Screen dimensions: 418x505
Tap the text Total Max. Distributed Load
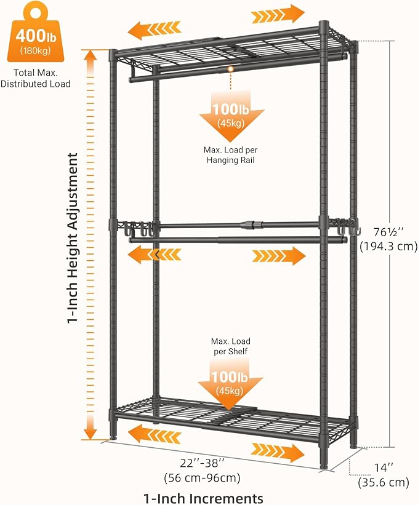tap(36, 78)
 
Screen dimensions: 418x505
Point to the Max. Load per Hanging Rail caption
tap(231, 155)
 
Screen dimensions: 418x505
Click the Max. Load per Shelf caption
tap(230, 346)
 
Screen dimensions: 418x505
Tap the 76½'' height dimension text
tap(388, 232)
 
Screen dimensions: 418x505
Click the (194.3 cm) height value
tap(388, 247)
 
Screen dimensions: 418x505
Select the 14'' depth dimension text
tap(384, 467)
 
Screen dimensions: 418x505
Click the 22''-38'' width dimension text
tap(202, 463)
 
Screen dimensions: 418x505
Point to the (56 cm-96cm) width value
tap(202, 477)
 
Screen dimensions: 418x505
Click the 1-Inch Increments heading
tap(203, 498)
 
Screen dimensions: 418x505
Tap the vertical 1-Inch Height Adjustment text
tap(73, 238)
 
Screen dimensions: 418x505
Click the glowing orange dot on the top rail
tap(230, 69)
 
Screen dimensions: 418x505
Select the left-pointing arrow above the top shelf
tap(154, 30)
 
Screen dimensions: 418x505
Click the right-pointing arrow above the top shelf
tap(278, 14)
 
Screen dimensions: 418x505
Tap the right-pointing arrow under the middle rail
tap(279, 256)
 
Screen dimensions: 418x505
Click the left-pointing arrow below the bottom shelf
tap(155, 434)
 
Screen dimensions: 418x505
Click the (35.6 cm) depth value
tap(384, 482)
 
